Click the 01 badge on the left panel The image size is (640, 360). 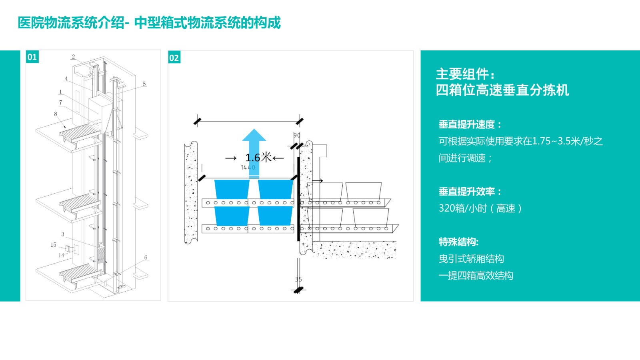[32, 57]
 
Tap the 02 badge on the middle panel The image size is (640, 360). [174, 58]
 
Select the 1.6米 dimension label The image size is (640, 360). [258, 158]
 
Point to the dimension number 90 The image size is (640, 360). [297, 135]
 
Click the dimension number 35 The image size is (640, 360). [298, 279]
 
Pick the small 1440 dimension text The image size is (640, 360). [248, 167]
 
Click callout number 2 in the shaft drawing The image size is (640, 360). [74, 57]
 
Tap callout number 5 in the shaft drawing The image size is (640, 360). [144, 84]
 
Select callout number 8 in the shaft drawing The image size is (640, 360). [56, 114]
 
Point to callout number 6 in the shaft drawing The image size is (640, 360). [146, 258]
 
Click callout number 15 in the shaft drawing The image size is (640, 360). [53, 245]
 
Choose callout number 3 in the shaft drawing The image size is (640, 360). [62, 234]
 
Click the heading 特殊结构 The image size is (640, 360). [458, 242]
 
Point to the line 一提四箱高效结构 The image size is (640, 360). [476, 276]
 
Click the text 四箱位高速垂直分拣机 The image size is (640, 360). [502, 90]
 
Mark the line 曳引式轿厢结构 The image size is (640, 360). [471, 259]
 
